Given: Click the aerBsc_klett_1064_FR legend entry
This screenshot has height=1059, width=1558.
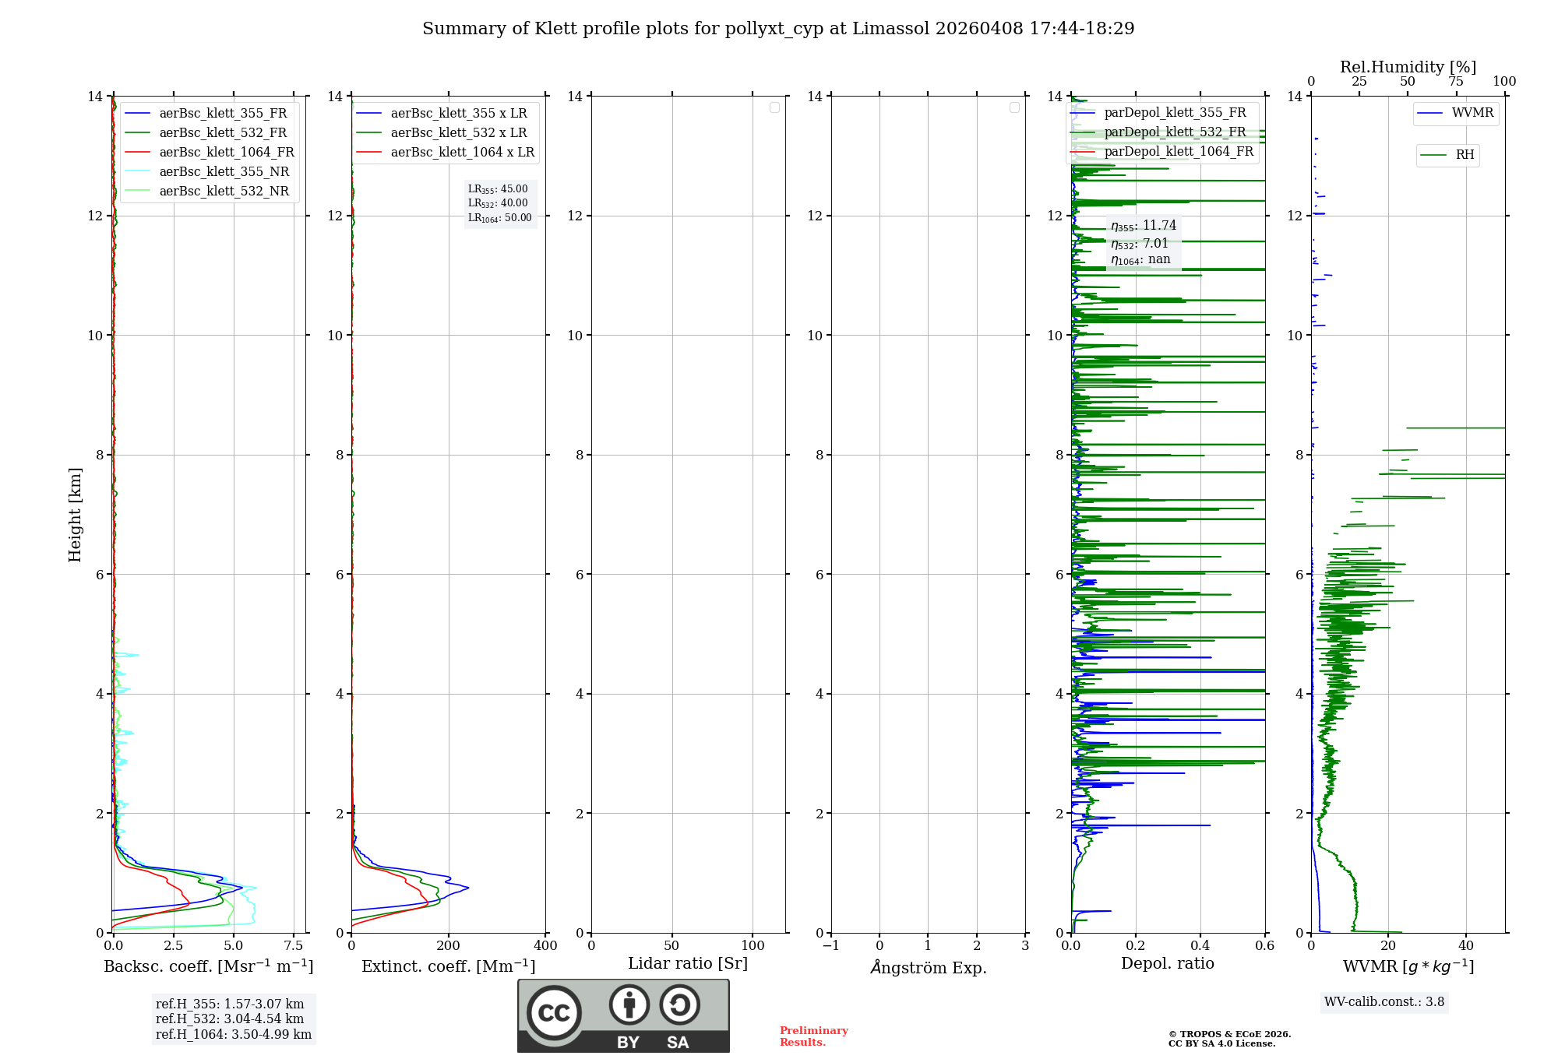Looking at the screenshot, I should pos(227,152).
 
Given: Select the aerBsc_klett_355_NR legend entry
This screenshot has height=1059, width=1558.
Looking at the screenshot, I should pos(224,171).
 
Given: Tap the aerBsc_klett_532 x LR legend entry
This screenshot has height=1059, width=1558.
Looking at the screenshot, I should pos(458,132).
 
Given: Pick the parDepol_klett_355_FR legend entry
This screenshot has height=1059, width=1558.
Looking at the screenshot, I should pos(1175,113).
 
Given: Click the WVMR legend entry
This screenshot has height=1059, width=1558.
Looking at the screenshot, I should pos(1472,113).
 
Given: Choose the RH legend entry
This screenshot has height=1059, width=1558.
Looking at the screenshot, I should pos(1465,155).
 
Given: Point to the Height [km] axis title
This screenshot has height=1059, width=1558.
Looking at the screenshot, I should pos(75,514).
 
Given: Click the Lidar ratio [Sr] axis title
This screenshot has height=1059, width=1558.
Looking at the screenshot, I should pos(688,963).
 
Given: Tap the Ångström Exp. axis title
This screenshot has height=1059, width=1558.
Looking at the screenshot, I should pos(928,967).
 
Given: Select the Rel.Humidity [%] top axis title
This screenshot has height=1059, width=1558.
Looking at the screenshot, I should pos(1408,67).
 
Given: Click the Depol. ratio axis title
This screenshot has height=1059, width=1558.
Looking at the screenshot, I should pos(1167,963).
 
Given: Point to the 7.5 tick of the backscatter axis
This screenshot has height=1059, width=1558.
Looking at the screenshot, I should pos(294,945).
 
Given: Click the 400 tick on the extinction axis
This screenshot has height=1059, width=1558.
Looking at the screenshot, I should pos(545,945).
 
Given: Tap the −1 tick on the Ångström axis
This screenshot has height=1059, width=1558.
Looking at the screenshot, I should pos(831,945).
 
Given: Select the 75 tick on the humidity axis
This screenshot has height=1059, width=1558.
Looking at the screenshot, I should pos(1456,82).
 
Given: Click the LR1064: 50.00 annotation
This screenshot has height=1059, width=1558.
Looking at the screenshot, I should pos(499,218).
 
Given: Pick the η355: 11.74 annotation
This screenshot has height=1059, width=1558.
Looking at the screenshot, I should pos(1143,226).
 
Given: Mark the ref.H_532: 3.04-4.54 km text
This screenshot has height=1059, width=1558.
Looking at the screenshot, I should pos(230,1019).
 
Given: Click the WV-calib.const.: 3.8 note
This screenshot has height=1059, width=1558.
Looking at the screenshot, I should pos(1384,1001).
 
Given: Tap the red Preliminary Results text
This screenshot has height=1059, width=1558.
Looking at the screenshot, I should pos(813,1036).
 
